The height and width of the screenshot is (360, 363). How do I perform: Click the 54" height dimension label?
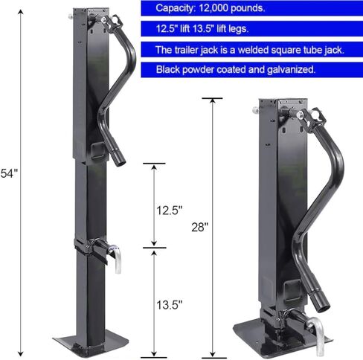[9, 173]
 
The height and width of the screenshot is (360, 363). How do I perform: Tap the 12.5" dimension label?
[169, 210]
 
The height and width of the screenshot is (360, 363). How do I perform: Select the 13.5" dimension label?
[169, 305]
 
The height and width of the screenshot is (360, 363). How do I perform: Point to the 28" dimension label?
[199, 227]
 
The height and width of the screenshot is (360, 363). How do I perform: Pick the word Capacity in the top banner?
[176, 8]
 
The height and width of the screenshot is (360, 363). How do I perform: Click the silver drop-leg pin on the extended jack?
[117, 258]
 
